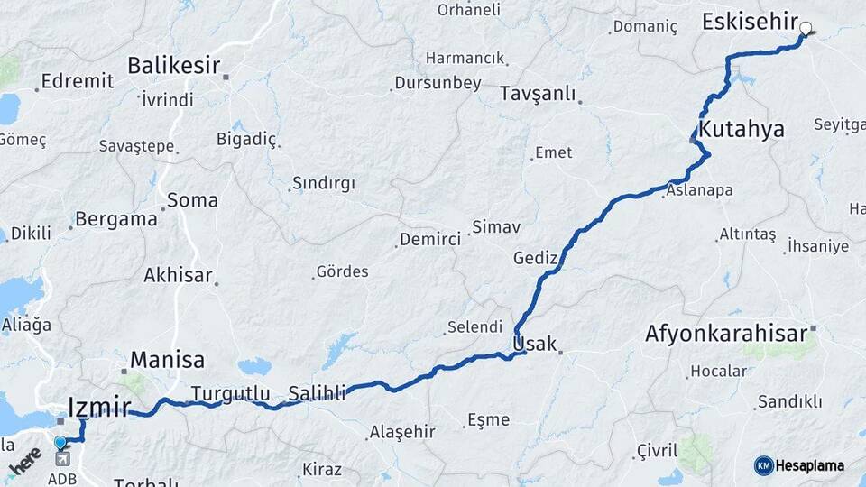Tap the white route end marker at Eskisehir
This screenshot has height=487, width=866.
806,29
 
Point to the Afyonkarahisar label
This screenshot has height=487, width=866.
725,334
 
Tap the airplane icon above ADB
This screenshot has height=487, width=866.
61,460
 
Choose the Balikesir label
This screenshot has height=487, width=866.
174,66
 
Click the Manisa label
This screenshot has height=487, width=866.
167,360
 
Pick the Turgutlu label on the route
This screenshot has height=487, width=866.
230,393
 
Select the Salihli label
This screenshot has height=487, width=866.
317,392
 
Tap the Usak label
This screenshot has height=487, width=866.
534,343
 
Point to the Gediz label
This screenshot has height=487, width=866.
536,258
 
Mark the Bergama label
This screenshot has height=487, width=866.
115,218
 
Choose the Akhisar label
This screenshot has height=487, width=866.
178,276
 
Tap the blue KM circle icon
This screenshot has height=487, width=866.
764,465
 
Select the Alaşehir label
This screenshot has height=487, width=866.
401,432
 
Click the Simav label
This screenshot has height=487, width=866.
496,227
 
